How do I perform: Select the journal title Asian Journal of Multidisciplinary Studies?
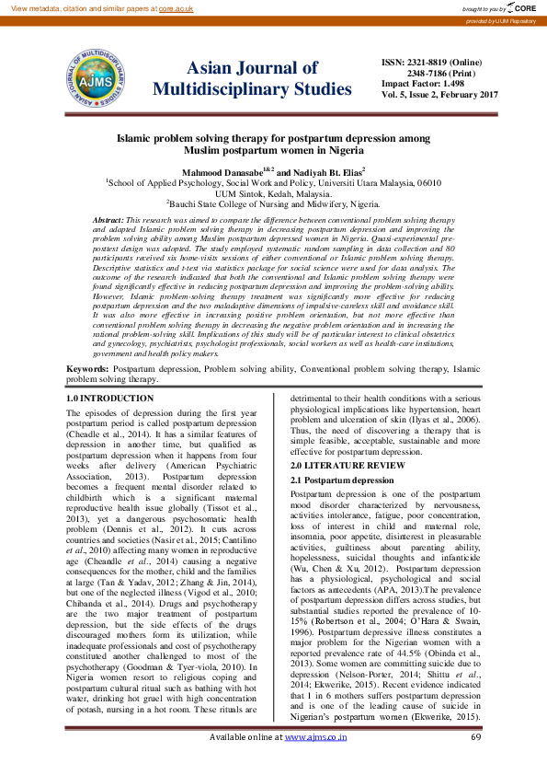252,78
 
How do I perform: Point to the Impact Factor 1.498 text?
424,84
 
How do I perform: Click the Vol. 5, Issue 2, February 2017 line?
439,95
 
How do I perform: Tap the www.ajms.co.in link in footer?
315,762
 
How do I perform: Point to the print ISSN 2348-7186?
430,73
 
